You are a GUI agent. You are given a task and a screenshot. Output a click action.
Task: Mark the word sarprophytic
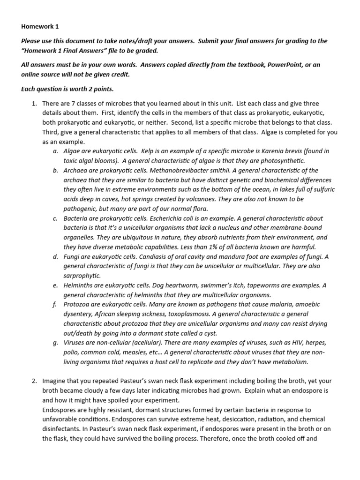pyautogui.click(x=82, y=276)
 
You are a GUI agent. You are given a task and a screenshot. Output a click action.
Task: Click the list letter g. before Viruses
pyautogui.click(x=55, y=343)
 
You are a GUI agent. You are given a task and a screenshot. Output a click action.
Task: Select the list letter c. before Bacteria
pyautogui.click(x=55, y=218)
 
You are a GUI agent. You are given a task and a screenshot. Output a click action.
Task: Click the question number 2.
pyautogui.click(x=35, y=381)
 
